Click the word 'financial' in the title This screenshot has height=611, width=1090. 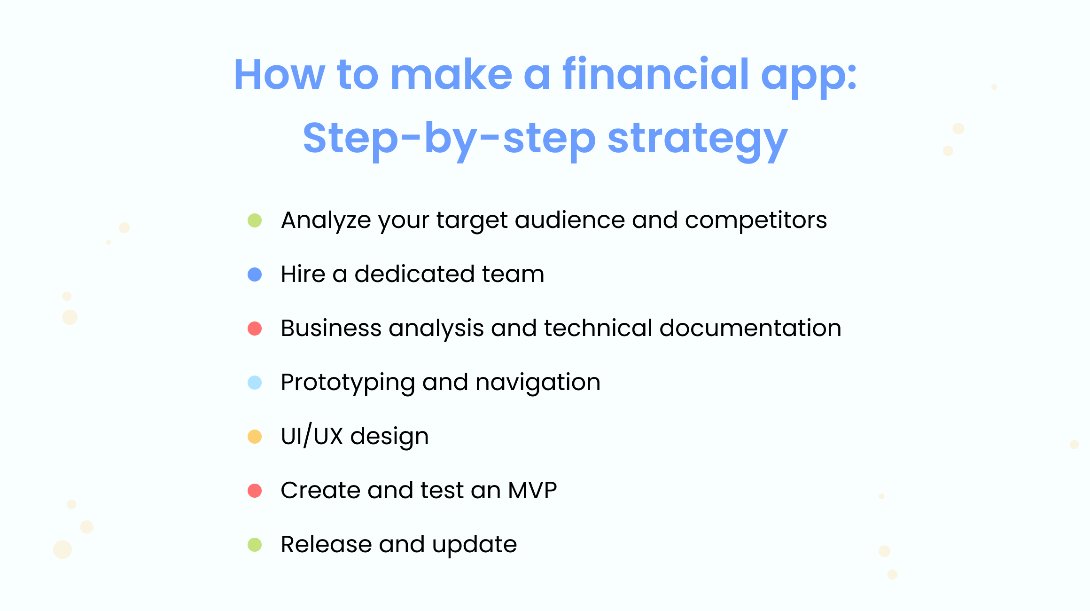655,74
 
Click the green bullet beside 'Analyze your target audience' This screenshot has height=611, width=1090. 255,220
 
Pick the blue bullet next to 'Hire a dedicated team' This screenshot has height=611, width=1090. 255,274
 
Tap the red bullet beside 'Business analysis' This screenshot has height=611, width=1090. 255,329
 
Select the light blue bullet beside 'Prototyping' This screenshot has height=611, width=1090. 255,383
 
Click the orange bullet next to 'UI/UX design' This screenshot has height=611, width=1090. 255,437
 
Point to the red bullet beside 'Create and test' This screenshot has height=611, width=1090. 255,491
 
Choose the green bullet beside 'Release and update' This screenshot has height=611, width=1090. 255,545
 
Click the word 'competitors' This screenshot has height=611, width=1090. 756,221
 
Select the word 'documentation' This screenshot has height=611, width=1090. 750,328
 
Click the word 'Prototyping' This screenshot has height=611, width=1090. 348,384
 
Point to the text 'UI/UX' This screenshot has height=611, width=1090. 312,436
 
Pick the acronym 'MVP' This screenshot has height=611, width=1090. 532,490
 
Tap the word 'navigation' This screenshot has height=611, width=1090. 538,384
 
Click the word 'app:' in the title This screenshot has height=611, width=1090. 809,77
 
